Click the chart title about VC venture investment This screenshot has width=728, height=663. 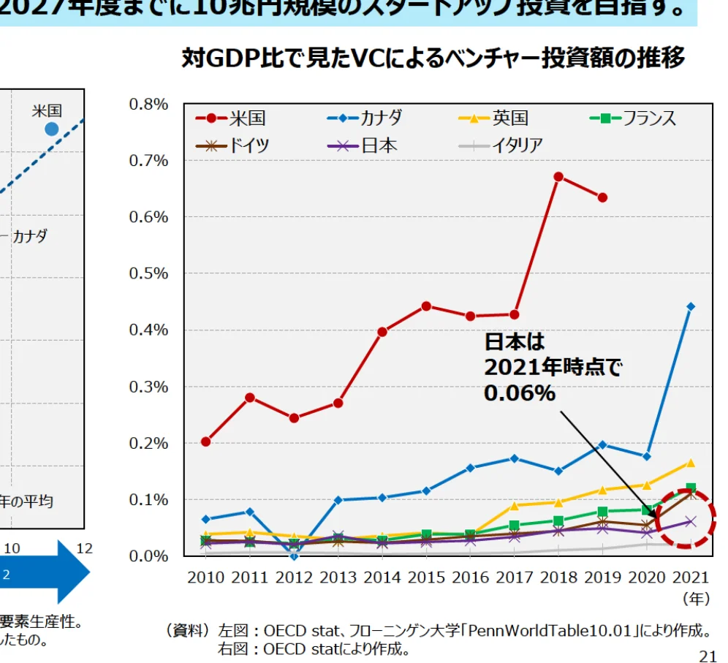[x=433, y=58]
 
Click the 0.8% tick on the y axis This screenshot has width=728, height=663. [x=149, y=105]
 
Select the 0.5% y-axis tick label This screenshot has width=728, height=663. [x=149, y=273]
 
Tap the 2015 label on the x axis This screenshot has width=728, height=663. [x=426, y=577]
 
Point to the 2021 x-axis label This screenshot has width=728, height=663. [x=691, y=577]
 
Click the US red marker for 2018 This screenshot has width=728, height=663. [x=558, y=176]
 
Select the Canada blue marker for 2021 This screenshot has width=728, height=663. [x=691, y=307]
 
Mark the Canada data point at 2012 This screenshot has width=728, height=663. [x=294, y=556]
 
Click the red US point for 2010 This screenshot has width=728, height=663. [x=206, y=442]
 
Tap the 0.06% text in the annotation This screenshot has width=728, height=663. [x=520, y=393]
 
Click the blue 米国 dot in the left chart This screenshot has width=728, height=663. [x=51, y=129]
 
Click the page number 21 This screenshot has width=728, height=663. [x=708, y=656]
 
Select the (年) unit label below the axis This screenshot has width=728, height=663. [x=695, y=599]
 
